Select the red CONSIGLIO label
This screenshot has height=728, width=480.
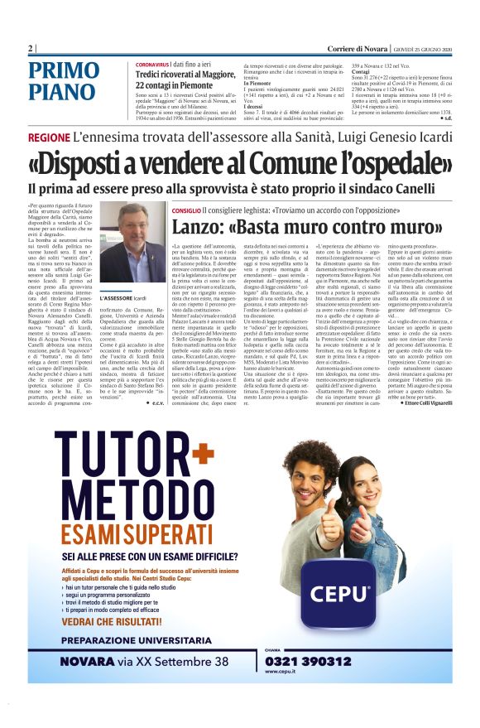(x=186, y=211)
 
